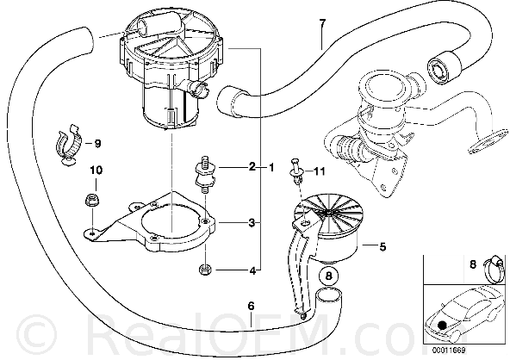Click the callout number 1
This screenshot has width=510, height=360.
tap(271, 167)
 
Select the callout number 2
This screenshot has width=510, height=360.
tap(252, 167)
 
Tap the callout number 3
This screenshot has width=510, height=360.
tap(252, 223)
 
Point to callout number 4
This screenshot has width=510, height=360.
tap(252, 270)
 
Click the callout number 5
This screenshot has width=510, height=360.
tap(382, 247)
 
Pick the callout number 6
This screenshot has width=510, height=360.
tap(251, 306)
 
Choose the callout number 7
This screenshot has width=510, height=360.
tap(321, 23)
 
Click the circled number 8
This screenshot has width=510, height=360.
tap(329, 276)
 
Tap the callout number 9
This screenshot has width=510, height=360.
tap(97, 143)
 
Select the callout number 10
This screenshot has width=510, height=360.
tap(96, 170)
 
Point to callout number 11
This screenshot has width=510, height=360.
tap(320, 171)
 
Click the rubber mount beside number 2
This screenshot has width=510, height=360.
tap(204, 173)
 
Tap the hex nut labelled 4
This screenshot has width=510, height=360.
tap(205, 270)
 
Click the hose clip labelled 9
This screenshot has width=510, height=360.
tap(70, 145)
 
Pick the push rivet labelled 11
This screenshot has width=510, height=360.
tap(295, 170)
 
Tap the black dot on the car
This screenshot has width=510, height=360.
tap(441, 325)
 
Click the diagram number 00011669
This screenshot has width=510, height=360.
tap(449, 351)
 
